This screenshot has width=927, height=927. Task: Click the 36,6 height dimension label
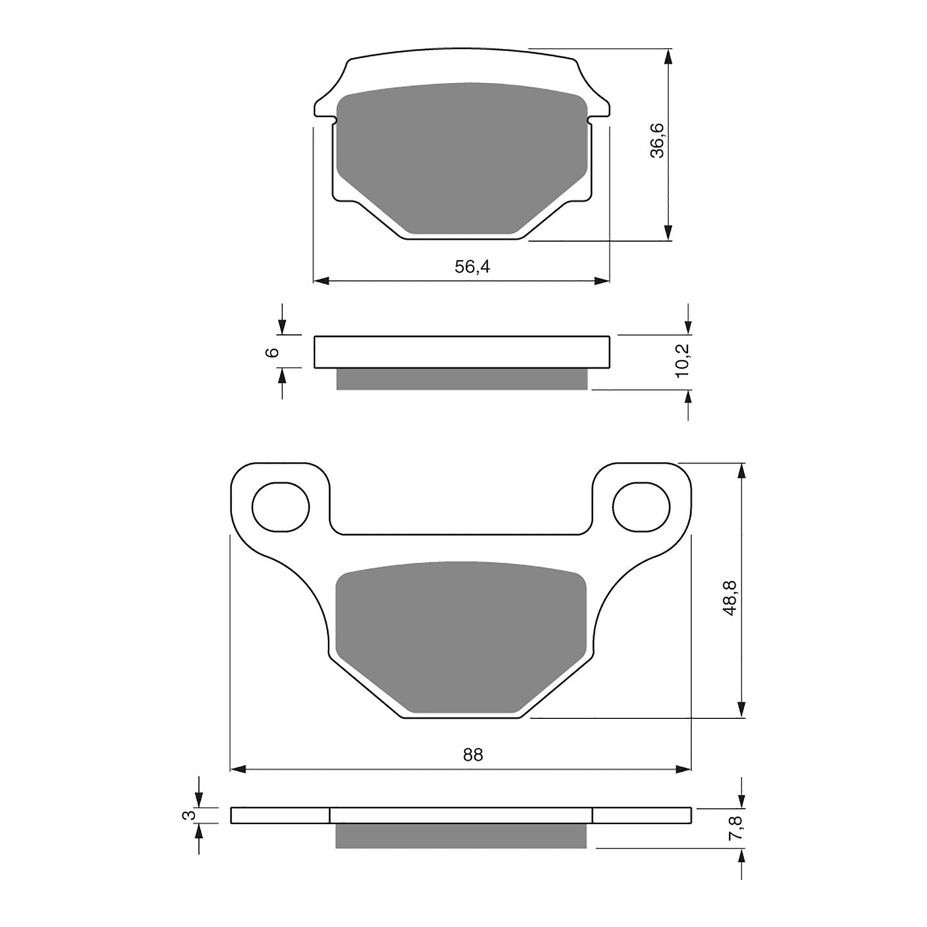point(658,141)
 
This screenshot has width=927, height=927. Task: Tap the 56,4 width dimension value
point(472,268)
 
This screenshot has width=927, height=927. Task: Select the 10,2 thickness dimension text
point(683,361)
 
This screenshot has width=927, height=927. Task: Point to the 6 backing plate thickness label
point(273,352)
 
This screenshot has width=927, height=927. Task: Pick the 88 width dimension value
point(473,755)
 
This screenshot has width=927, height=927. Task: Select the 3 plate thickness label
point(189,815)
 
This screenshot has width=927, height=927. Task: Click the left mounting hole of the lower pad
point(280,507)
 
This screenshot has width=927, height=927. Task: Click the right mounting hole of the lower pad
point(641,507)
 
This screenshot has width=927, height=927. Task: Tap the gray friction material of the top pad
point(462,157)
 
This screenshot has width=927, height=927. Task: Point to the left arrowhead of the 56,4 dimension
point(321,281)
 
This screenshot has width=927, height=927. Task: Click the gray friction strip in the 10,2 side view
point(462,379)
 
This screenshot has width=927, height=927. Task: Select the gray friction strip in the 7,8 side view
point(462,835)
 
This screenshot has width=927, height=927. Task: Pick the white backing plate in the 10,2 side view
point(462,352)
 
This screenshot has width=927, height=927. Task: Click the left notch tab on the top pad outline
point(332,119)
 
